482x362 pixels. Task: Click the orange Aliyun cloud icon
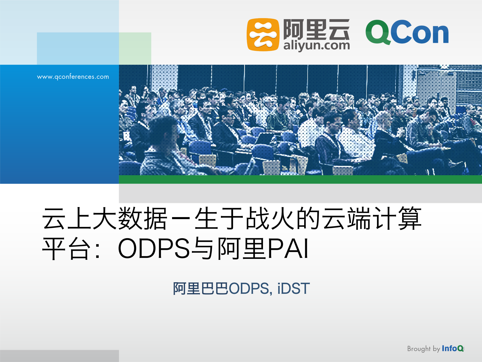[x=263, y=34]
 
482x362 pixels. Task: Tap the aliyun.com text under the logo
[x=316, y=46]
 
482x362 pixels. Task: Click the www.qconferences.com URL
[x=73, y=77]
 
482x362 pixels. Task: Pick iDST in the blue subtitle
[x=293, y=289]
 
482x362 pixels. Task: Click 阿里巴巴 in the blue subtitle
[x=200, y=289]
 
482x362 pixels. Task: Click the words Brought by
[x=423, y=349]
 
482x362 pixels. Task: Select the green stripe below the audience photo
[x=300, y=179]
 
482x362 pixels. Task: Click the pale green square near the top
[x=135, y=48]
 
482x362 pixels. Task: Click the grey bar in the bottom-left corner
[x=59, y=356]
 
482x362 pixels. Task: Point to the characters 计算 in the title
[x=397, y=218]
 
